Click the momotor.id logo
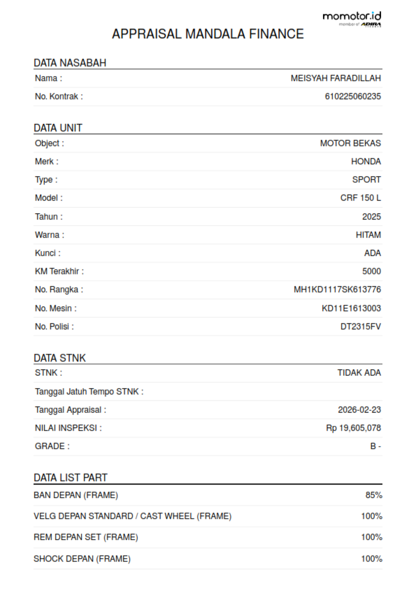click(x=352, y=18)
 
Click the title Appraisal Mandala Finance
click(x=208, y=34)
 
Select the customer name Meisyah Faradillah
click(x=336, y=78)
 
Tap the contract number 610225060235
click(x=353, y=96)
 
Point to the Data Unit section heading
click(x=58, y=128)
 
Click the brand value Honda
click(x=366, y=161)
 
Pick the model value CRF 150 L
click(x=360, y=198)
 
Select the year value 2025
click(x=371, y=216)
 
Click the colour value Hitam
click(x=368, y=235)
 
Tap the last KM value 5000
click(x=371, y=271)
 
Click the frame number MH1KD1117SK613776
click(x=337, y=289)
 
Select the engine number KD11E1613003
click(x=351, y=308)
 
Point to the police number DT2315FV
click(x=360, y=326)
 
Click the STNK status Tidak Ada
click(x=359, y=373)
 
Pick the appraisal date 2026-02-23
click(x=359, y=410)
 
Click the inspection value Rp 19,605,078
click(x=353, y=428)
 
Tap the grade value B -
click(x=375, y=446)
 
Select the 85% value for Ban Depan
click(x=373, y=495)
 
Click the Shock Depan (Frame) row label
click(x=82, y=558)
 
